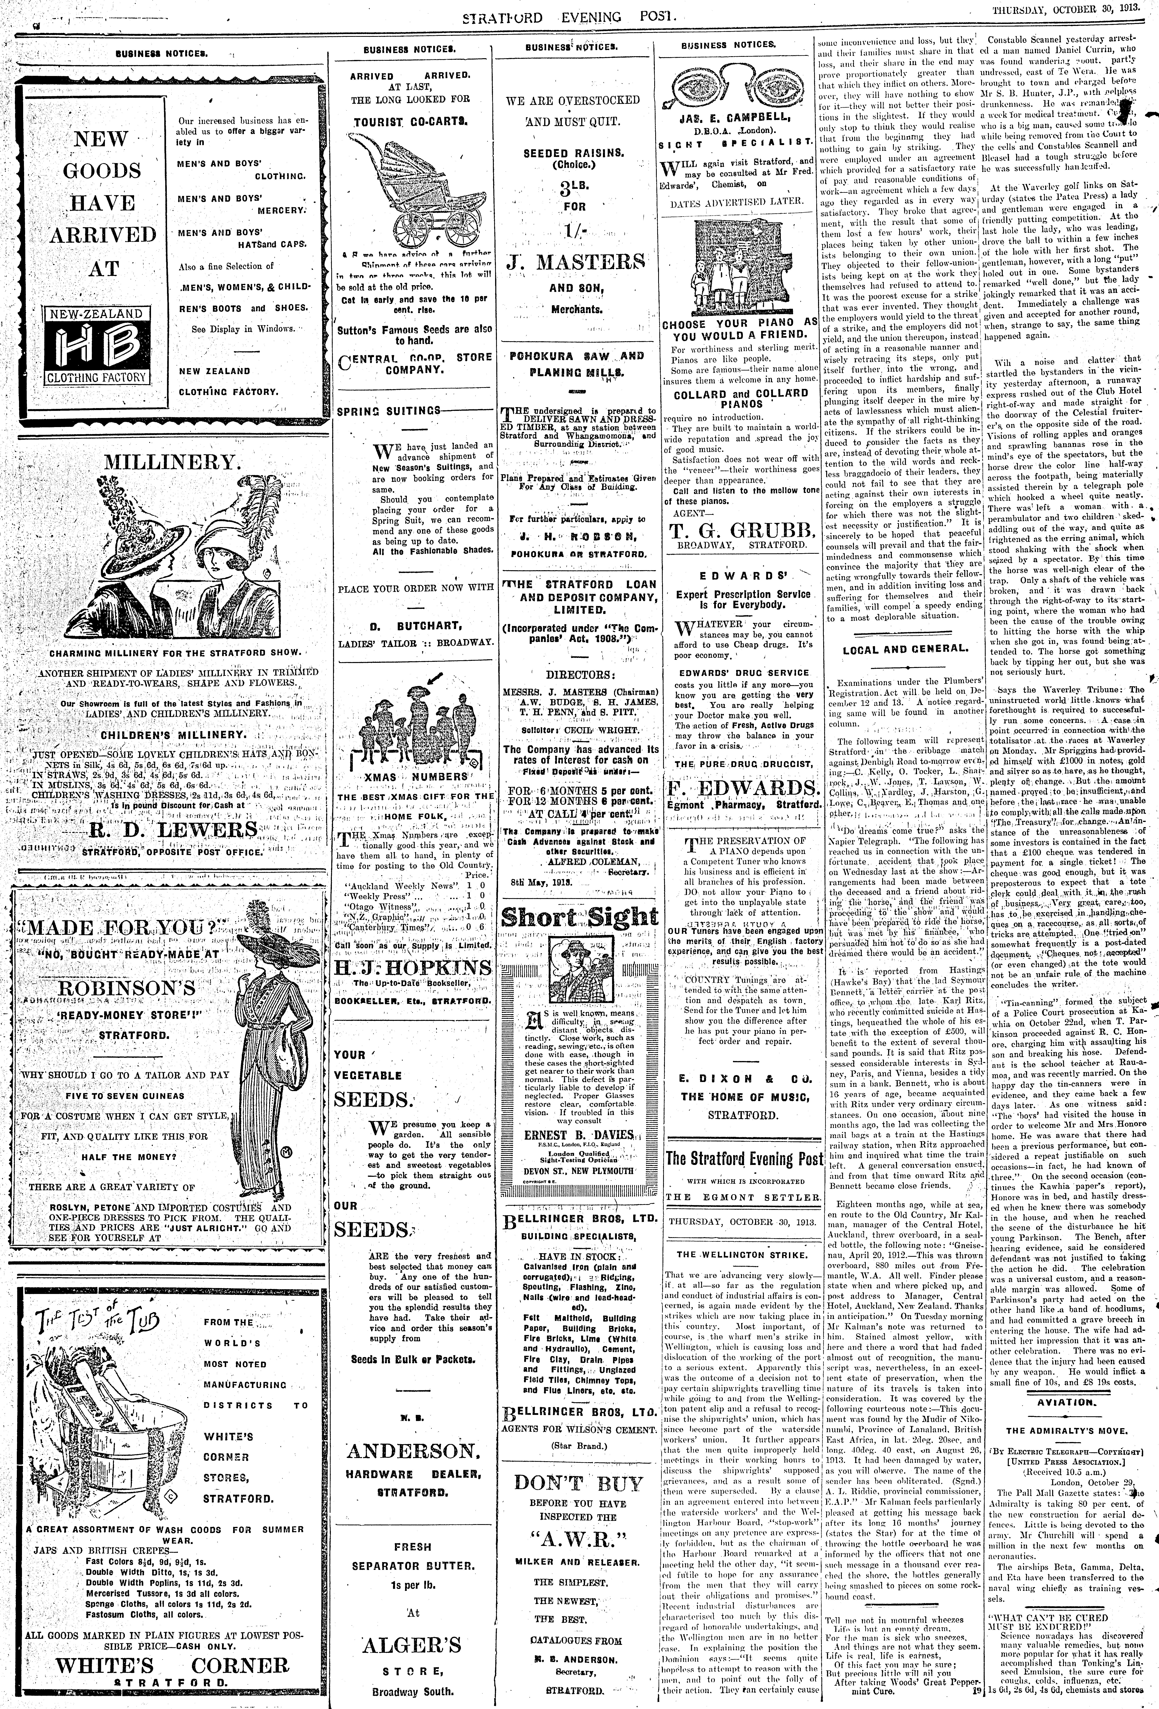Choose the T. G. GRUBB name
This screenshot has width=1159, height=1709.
point(740,531)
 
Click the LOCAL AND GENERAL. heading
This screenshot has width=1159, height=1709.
point(904,649)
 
